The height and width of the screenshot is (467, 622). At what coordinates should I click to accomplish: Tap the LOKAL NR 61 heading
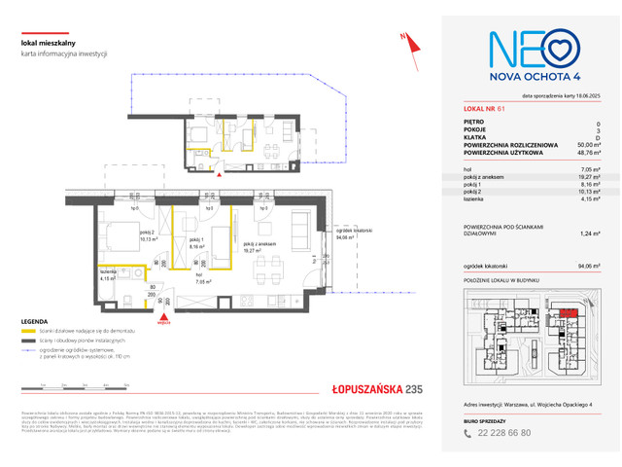pyautogui.click(x=485, y=109)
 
